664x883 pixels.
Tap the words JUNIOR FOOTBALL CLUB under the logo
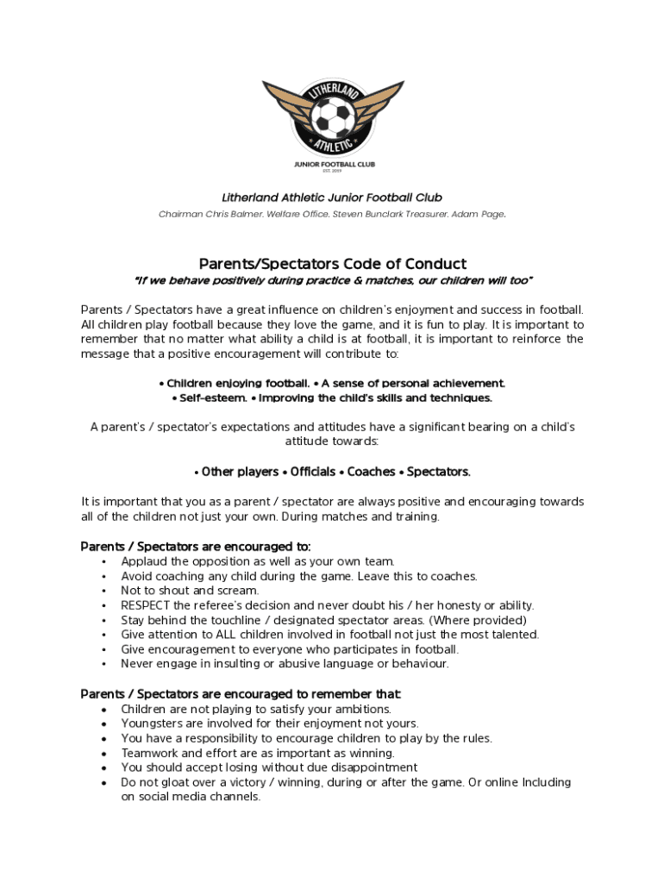pyautogui.click(x=332, y=163)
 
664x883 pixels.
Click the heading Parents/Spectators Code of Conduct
pyautogui.click(x=332, y=264)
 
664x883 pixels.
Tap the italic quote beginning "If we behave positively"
pyautogui.click(x=332, y=281)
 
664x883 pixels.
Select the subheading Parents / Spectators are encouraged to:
pyautogui.click(x=196, y=547)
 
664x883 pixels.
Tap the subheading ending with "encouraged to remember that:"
pyautogui.click(x=241, y=694)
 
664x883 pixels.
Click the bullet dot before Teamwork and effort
pyautogui.click(x=103, y=753)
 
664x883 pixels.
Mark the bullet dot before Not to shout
pyautogui.click(x=103, y=591)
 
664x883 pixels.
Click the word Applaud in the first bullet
pyautogui.click(x=144, y=561)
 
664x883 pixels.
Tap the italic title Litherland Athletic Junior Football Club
pyautogui.click(x=332, y=197)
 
